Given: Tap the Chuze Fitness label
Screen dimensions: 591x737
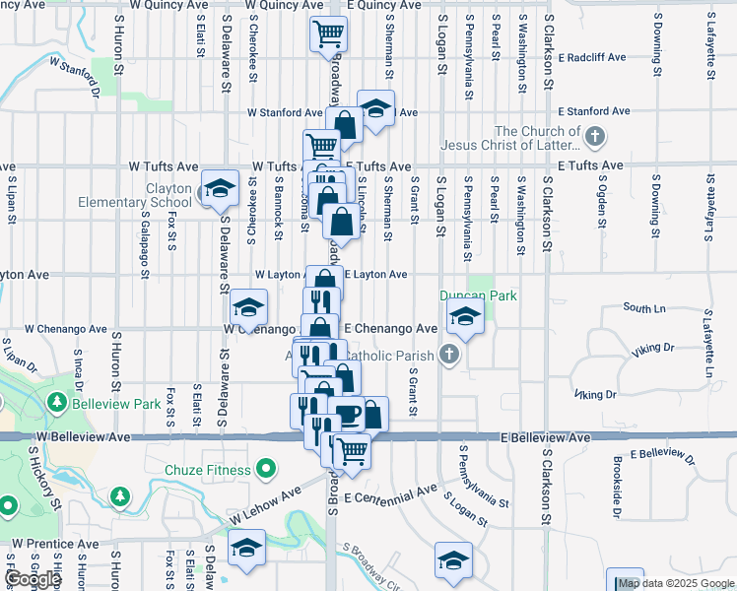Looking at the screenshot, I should (x=209, y=470).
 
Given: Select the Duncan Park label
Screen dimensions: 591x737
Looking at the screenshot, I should (x=478, y=295).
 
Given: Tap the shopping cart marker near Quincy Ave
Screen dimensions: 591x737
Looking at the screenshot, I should (x=328, y=33).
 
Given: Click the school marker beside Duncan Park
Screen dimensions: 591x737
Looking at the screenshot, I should (x=462, y=317).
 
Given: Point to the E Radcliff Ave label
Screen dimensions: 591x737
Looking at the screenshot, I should (x=591, y=57).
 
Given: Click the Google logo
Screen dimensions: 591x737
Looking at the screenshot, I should (x=33, y=579).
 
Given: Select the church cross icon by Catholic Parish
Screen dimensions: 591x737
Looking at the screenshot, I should (x=448, y=355).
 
